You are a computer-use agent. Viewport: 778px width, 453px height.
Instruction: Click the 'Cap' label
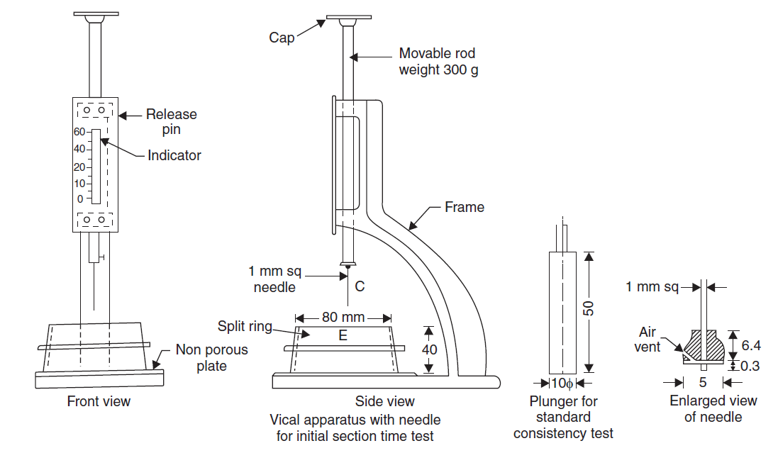coord(282,38)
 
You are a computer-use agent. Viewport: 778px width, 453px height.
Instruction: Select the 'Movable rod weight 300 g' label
coord(438,62)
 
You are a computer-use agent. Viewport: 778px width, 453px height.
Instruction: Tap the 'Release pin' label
coord(171,121)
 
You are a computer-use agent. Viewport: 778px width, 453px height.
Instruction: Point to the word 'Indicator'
coord(174,155)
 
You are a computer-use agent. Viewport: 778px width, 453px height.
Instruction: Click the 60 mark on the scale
coord(79,132)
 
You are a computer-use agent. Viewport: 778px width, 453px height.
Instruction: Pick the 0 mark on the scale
coord(80,199)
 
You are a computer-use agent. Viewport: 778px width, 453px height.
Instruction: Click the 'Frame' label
coord(465,207)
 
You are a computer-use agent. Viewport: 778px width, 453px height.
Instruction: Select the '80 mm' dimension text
coord(343,318)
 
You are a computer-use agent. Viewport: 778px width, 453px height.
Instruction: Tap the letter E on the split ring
coord(343,335)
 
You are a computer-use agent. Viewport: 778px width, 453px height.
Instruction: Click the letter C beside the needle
coord(360,286)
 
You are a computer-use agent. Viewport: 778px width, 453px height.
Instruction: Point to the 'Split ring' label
coord(245,327)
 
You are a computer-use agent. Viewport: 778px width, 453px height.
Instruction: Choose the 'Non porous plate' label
coord(212,358)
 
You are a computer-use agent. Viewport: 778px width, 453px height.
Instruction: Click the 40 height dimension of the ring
coord(430,349)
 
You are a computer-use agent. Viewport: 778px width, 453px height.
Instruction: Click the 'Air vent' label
coord(648,340)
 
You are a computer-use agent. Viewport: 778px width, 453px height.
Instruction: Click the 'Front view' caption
coord(99,401)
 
